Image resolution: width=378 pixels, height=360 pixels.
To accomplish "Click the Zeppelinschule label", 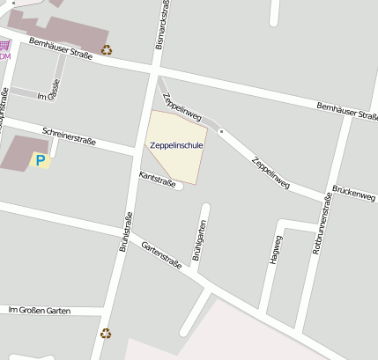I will [x=176, y=144].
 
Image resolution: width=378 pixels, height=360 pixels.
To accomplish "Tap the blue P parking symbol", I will [x=39, y=159].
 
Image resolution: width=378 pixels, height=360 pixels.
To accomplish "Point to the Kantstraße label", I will [x=158, y=180].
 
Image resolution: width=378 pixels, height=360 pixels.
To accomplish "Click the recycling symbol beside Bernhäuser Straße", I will [x=107, y=50].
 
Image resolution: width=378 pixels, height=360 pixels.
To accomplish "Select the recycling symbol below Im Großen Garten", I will [x=106, y=333].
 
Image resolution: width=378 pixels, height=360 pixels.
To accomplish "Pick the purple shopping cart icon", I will [x=5, y=45].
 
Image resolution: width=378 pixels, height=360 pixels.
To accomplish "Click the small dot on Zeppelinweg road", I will [x=221, y=131].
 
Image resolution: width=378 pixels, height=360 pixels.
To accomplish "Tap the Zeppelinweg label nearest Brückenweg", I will [x=270, y=173].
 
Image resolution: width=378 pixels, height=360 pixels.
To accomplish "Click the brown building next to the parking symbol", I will [x=19, y=153].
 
